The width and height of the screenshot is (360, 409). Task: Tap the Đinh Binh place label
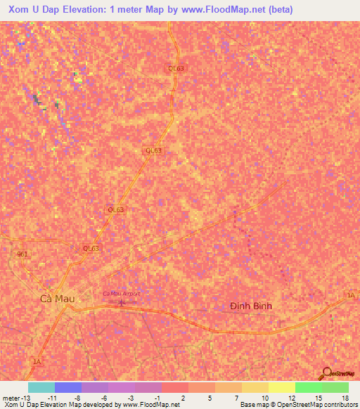[x=251, y=306]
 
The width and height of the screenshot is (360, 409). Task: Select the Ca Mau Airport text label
[x=122, y=293]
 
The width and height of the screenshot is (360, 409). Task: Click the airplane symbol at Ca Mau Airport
[x=120, y=303]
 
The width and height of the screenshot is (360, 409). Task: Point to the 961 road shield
[x=22, y=254]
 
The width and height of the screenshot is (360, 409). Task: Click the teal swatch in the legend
[x=41, y=387]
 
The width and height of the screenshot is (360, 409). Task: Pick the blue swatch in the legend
[x=67, y=387]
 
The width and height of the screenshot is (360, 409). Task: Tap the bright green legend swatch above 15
[x=308, y=387]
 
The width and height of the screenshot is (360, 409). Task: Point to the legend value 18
[x=345, y=397]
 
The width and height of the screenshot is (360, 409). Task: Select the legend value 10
[x=264, y=397]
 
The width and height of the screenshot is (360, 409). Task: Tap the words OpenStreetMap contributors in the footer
[x=324, y=405]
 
